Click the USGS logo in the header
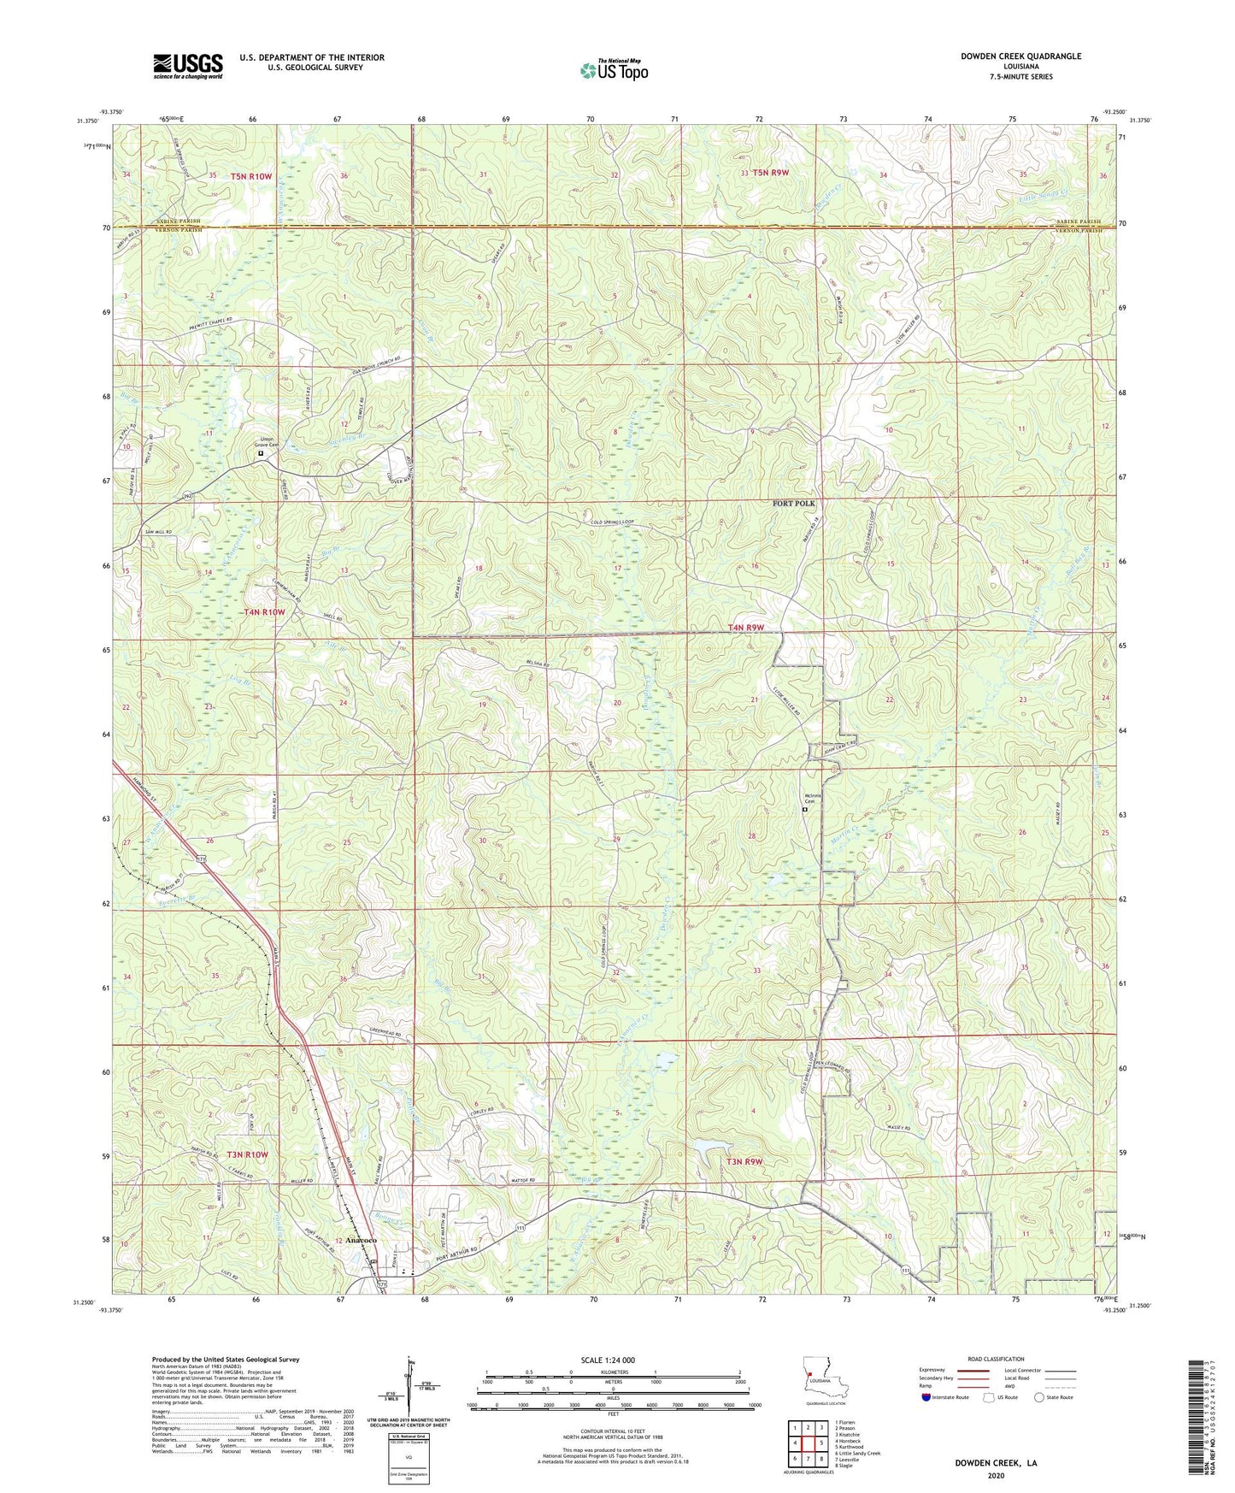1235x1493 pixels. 188,65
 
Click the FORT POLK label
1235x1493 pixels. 794,504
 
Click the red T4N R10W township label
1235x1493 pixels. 264,612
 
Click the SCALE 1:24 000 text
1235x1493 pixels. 608,1360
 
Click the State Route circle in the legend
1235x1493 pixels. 1039,1397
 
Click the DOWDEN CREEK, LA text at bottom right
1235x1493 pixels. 996,1463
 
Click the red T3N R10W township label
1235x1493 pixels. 247,1154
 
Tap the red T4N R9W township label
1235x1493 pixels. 745,628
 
